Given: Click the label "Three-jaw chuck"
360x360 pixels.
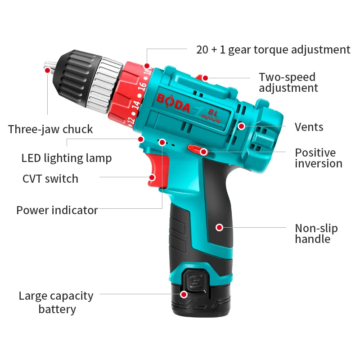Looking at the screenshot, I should (50, 129).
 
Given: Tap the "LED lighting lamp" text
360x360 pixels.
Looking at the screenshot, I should (67, 158).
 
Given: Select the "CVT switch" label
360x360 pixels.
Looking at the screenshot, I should (50, 179).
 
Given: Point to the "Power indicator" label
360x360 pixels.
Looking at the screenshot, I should (57, 210).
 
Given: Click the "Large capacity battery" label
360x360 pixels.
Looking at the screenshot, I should (56, 302).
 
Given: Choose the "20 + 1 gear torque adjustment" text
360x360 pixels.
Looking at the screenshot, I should (273, 49).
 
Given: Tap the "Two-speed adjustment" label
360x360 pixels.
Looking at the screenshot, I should (288, 82).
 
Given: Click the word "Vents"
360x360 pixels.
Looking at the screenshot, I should (309, 127).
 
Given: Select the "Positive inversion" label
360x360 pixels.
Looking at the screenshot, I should (319, 158).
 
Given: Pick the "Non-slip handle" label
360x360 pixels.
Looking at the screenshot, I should (316, 233).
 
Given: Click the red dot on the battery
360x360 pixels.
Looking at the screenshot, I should (184, 294).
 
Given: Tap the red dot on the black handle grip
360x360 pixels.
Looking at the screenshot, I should (219, 227).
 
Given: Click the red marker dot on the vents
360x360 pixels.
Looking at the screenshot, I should (242, 126).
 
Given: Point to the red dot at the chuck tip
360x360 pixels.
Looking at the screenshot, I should (47, 70).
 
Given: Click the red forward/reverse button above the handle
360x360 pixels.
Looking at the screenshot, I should (197, 149).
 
